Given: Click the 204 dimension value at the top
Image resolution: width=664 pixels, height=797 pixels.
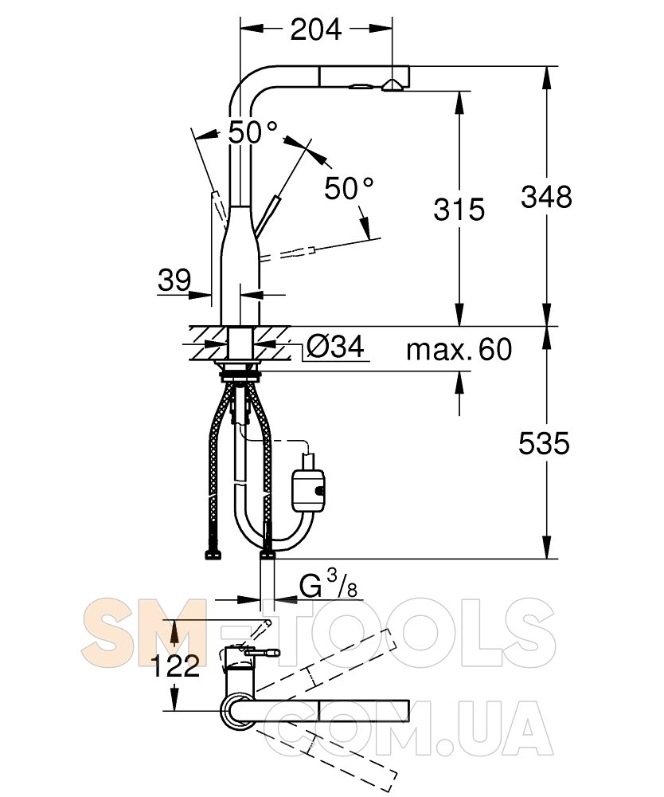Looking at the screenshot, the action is coord(316,29).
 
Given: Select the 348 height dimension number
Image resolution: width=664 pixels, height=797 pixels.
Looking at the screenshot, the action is coord(546,197).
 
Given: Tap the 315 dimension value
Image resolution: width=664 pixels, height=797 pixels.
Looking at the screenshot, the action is coord(459,210).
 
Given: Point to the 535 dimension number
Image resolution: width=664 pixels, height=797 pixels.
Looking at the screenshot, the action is coord(544,443).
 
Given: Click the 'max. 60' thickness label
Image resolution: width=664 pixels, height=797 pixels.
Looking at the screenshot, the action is coord(459,350).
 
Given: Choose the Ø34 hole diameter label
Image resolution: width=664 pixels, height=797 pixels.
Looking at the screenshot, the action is coord(335,347).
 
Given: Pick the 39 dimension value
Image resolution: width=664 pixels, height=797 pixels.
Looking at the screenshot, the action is coord(174,280).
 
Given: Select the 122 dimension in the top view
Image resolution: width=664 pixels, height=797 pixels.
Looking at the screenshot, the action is coord(175,665).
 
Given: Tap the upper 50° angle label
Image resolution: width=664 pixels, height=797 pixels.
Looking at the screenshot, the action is coord(252,132).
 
